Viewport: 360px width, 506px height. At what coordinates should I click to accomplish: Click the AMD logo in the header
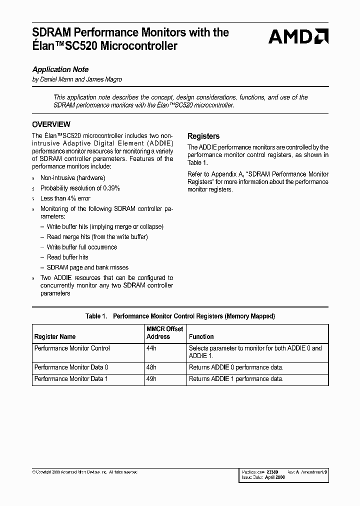click(298, 36)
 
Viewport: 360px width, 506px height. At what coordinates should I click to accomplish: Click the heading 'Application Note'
click(60, 69)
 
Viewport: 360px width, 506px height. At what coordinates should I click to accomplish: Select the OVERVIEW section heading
click(51, 124)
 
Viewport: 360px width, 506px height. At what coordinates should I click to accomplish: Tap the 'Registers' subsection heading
click(203, 136)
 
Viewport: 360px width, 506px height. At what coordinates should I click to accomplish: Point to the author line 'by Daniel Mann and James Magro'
click(77, 79)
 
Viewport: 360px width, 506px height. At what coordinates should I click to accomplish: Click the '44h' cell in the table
click(151, 348)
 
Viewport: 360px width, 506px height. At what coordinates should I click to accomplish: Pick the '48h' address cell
click(151, 367)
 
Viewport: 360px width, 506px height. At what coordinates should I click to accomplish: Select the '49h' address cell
click(151, 379)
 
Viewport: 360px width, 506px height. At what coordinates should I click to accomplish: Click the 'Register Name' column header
click(55, 337)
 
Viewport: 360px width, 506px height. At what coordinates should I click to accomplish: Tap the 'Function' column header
click(201, 337)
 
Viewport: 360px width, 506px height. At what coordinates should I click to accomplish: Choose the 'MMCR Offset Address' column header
click(164, 333)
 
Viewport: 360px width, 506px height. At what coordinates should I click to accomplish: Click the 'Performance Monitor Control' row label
click(72, 348)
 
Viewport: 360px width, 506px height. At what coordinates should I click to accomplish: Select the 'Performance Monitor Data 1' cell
click(71, 379)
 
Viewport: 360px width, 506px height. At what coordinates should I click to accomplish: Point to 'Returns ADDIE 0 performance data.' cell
click(236, 367)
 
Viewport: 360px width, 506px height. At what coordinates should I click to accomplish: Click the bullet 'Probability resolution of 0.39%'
click(80, 188)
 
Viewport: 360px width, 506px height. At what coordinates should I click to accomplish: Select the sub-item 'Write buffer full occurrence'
click(82, 247)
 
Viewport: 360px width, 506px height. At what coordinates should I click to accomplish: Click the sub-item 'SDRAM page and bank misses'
click(87, 267)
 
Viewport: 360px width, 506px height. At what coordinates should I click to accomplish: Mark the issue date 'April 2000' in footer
click(275, 477)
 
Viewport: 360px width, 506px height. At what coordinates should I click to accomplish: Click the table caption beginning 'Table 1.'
click(180, 316)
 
